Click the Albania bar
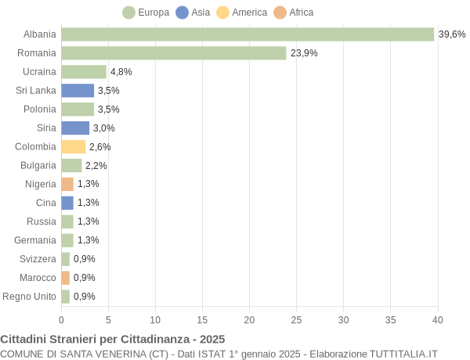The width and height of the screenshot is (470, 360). tap(248, 34)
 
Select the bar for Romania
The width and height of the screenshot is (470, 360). tap(174, 53)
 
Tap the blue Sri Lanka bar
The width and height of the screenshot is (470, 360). tap(78, 91)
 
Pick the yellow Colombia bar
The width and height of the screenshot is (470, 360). tap(74, 146)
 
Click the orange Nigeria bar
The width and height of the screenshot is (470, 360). tap(67, 184)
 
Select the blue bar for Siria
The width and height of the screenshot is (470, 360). tap(75, 128)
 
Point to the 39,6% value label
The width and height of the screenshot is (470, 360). tap(452, 34)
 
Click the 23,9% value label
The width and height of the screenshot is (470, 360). tap(304, 53)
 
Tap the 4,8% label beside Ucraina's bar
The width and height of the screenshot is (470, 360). tap(121, 72)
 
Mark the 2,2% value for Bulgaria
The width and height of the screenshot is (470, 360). tap(96, 165)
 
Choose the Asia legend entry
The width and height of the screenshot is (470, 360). tap(194, 13)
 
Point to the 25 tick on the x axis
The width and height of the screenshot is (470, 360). tap(296, 319)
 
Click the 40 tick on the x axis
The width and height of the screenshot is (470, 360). tap(437, 319)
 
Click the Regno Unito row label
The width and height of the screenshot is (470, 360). tap(30, 296)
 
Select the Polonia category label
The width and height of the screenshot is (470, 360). tap(40, 110)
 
